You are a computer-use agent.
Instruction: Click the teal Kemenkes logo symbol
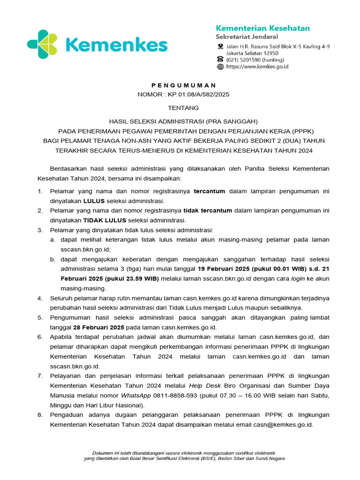[x=43, y=45]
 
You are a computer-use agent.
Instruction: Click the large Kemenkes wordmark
[x=116, y=45]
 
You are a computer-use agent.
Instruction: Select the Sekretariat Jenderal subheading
[x=247, y=37]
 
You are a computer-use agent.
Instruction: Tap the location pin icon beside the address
[x=220, y=46]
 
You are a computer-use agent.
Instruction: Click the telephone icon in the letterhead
[x=220, y=60]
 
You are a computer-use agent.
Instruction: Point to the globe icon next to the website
[x=220, y=67]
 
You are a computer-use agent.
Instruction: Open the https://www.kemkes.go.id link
[x=257, y=67]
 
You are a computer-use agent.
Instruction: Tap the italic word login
[x=298, y=278]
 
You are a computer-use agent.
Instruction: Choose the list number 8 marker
[x=40, y=415]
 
